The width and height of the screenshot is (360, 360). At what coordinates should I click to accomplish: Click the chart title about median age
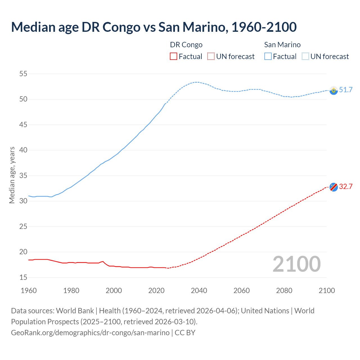click(x=154, y=27)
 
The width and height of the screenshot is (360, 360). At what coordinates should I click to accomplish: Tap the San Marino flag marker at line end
click(x=334, y=90)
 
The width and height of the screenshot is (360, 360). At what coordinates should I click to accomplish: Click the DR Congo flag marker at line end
click(x=334, y=187)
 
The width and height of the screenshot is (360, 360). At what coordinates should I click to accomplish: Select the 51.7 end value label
click(x=346, y=90)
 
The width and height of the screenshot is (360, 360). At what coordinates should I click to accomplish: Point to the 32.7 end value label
click(x=346, y=187)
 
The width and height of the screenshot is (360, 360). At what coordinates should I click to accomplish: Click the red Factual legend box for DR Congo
click(x=174, y=57)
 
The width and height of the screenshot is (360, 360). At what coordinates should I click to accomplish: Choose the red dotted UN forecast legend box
click(x=211, y=57)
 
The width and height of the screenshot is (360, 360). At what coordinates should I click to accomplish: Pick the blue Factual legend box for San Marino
click(x=268, y=57)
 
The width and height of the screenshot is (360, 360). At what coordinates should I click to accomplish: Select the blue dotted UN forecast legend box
click(x=305, y=57)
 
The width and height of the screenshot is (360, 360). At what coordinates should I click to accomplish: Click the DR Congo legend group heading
click(x=186, y=45)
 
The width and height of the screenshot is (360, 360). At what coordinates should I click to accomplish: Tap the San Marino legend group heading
click(x=282, y=45)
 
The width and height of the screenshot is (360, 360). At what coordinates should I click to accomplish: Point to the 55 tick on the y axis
click(x=23, y=74)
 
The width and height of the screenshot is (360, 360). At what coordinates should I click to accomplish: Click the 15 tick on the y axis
click(x=23, y=278)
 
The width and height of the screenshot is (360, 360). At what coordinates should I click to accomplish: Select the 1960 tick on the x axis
click(x=29, y=291)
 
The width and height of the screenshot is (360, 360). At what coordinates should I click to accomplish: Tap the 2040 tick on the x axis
click(x=199, y=291)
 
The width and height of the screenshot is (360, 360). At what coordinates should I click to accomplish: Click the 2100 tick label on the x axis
click(x=327, y=291)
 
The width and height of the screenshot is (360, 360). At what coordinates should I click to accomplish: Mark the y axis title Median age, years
click(x=12, y=175)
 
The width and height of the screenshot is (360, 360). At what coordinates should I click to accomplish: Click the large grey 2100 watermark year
click(x=296, y=264)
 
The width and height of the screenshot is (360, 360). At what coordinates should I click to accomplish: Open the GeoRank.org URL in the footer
click(x=90, y=333)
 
